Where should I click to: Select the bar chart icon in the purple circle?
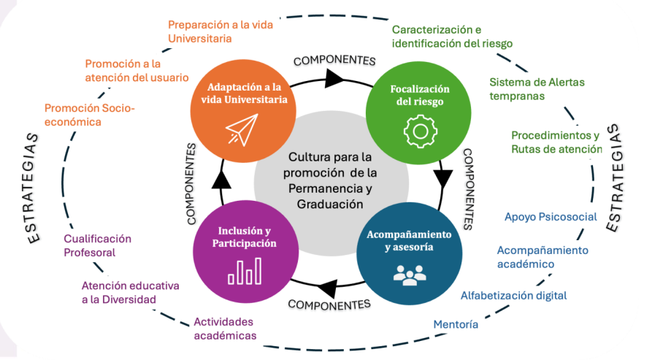[244, 272]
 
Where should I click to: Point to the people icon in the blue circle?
[408, 273]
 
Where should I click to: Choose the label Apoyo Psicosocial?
[551, 217]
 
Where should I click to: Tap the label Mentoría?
[456, 324]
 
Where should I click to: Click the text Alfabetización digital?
[513, 296]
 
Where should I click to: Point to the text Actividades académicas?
[225, 329]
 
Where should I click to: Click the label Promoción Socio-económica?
[90, 115]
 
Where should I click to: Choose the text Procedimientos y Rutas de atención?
[556, 142]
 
